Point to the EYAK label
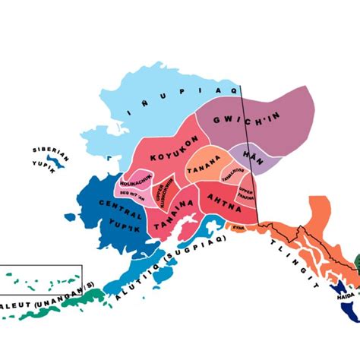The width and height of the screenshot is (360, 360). [238, 226]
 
